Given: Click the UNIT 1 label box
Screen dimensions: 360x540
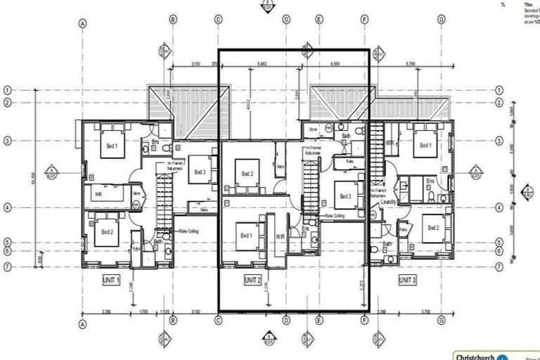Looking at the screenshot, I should (x=111, y=279).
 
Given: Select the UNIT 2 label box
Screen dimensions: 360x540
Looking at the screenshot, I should (x=253, y=279).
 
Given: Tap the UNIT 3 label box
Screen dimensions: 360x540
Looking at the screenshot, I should (x=407, y=279).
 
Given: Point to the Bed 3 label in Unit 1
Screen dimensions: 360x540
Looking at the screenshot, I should (x=200, y=172).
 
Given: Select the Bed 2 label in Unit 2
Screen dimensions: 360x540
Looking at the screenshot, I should (x=246, y=174).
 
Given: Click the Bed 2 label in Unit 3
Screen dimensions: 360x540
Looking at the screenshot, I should (x=432, y=229).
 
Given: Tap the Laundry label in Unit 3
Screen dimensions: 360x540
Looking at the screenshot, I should (x=389, y=202).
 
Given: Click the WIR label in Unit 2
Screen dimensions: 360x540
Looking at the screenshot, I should (x=279, y=236).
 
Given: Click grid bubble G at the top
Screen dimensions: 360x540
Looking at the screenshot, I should (x=441, y=20).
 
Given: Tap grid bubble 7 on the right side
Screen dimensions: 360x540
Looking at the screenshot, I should (x=500, y=266).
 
